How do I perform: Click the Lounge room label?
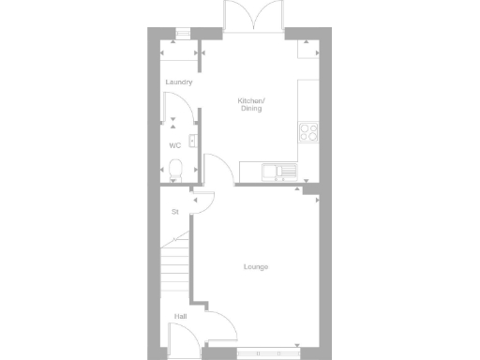click(x=256, y=267)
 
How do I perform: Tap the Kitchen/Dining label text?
click(x=250, y=105)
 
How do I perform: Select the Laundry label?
click(x=179, y=82)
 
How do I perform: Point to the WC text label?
click(x=174, y=146)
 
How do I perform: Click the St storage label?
click(x=174, y=212)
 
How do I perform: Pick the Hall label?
click(x=180, y=317)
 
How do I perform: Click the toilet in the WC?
click(x=176, y=170)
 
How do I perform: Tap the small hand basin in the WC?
click(x=192, y=142)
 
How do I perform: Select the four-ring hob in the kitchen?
click(x=308, y=131)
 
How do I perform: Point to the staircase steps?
click(x=175, y=267)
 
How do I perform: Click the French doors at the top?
click(x=251, y=17)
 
